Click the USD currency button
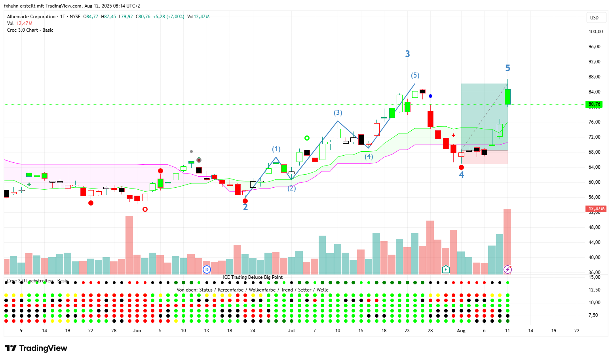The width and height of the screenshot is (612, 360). (594, 17)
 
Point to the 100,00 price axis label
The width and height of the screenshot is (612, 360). (595, 32)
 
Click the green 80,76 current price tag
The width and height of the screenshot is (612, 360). (594, 104)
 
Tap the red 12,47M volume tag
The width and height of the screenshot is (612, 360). (596, 209)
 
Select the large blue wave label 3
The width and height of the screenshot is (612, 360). (407, 54)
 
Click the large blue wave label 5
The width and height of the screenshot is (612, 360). (507, 68)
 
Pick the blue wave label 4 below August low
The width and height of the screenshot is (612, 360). (461, 175)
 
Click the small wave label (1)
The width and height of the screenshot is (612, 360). (276, 149)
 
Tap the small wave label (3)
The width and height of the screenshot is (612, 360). (338, 113)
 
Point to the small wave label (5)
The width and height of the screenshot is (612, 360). (415, 75)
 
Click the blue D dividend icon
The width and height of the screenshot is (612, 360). (207, 270)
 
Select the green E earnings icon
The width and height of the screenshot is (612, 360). (446, 270)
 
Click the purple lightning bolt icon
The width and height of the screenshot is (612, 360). (507, 270)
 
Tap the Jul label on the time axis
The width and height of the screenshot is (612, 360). (291, 331)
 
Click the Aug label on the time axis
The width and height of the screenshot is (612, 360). (461, 331)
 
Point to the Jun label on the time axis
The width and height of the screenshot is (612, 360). (137, 331)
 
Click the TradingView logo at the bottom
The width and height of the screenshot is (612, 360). (36, 348)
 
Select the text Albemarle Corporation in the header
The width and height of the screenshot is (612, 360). (31, 17)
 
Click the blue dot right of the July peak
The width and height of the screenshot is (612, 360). (430, 96)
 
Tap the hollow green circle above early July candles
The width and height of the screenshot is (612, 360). (307, 138)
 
